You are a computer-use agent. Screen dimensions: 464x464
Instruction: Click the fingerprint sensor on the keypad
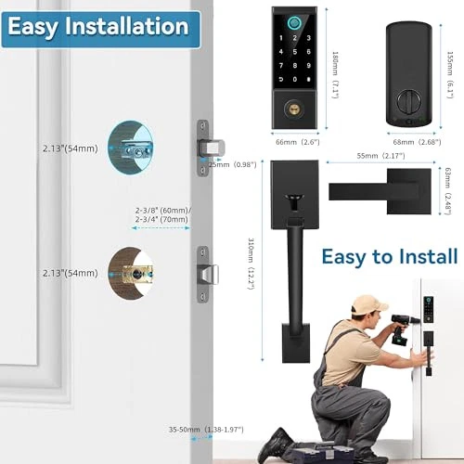(294, 23)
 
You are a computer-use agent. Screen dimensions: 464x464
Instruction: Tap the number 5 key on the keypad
(294, 52)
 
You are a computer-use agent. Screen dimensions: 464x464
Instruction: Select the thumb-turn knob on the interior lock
(408, 100)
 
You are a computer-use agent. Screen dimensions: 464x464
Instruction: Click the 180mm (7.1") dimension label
(335, 75)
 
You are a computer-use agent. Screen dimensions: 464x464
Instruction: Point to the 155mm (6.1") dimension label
(450, 75)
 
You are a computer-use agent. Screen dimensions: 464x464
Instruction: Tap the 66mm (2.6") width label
(298, 142)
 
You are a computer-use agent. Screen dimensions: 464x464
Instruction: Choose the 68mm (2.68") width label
(417, 142)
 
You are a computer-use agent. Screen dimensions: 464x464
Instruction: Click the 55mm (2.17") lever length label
(380, 156)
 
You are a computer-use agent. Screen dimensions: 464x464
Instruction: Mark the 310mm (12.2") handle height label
(251, 264)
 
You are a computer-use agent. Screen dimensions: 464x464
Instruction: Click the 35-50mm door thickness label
(206, 430)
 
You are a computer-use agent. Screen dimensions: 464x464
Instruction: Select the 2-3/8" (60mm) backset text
(163, 211)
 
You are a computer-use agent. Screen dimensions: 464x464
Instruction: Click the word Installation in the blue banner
(127, 26)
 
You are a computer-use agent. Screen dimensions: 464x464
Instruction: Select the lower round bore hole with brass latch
(131, 273)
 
